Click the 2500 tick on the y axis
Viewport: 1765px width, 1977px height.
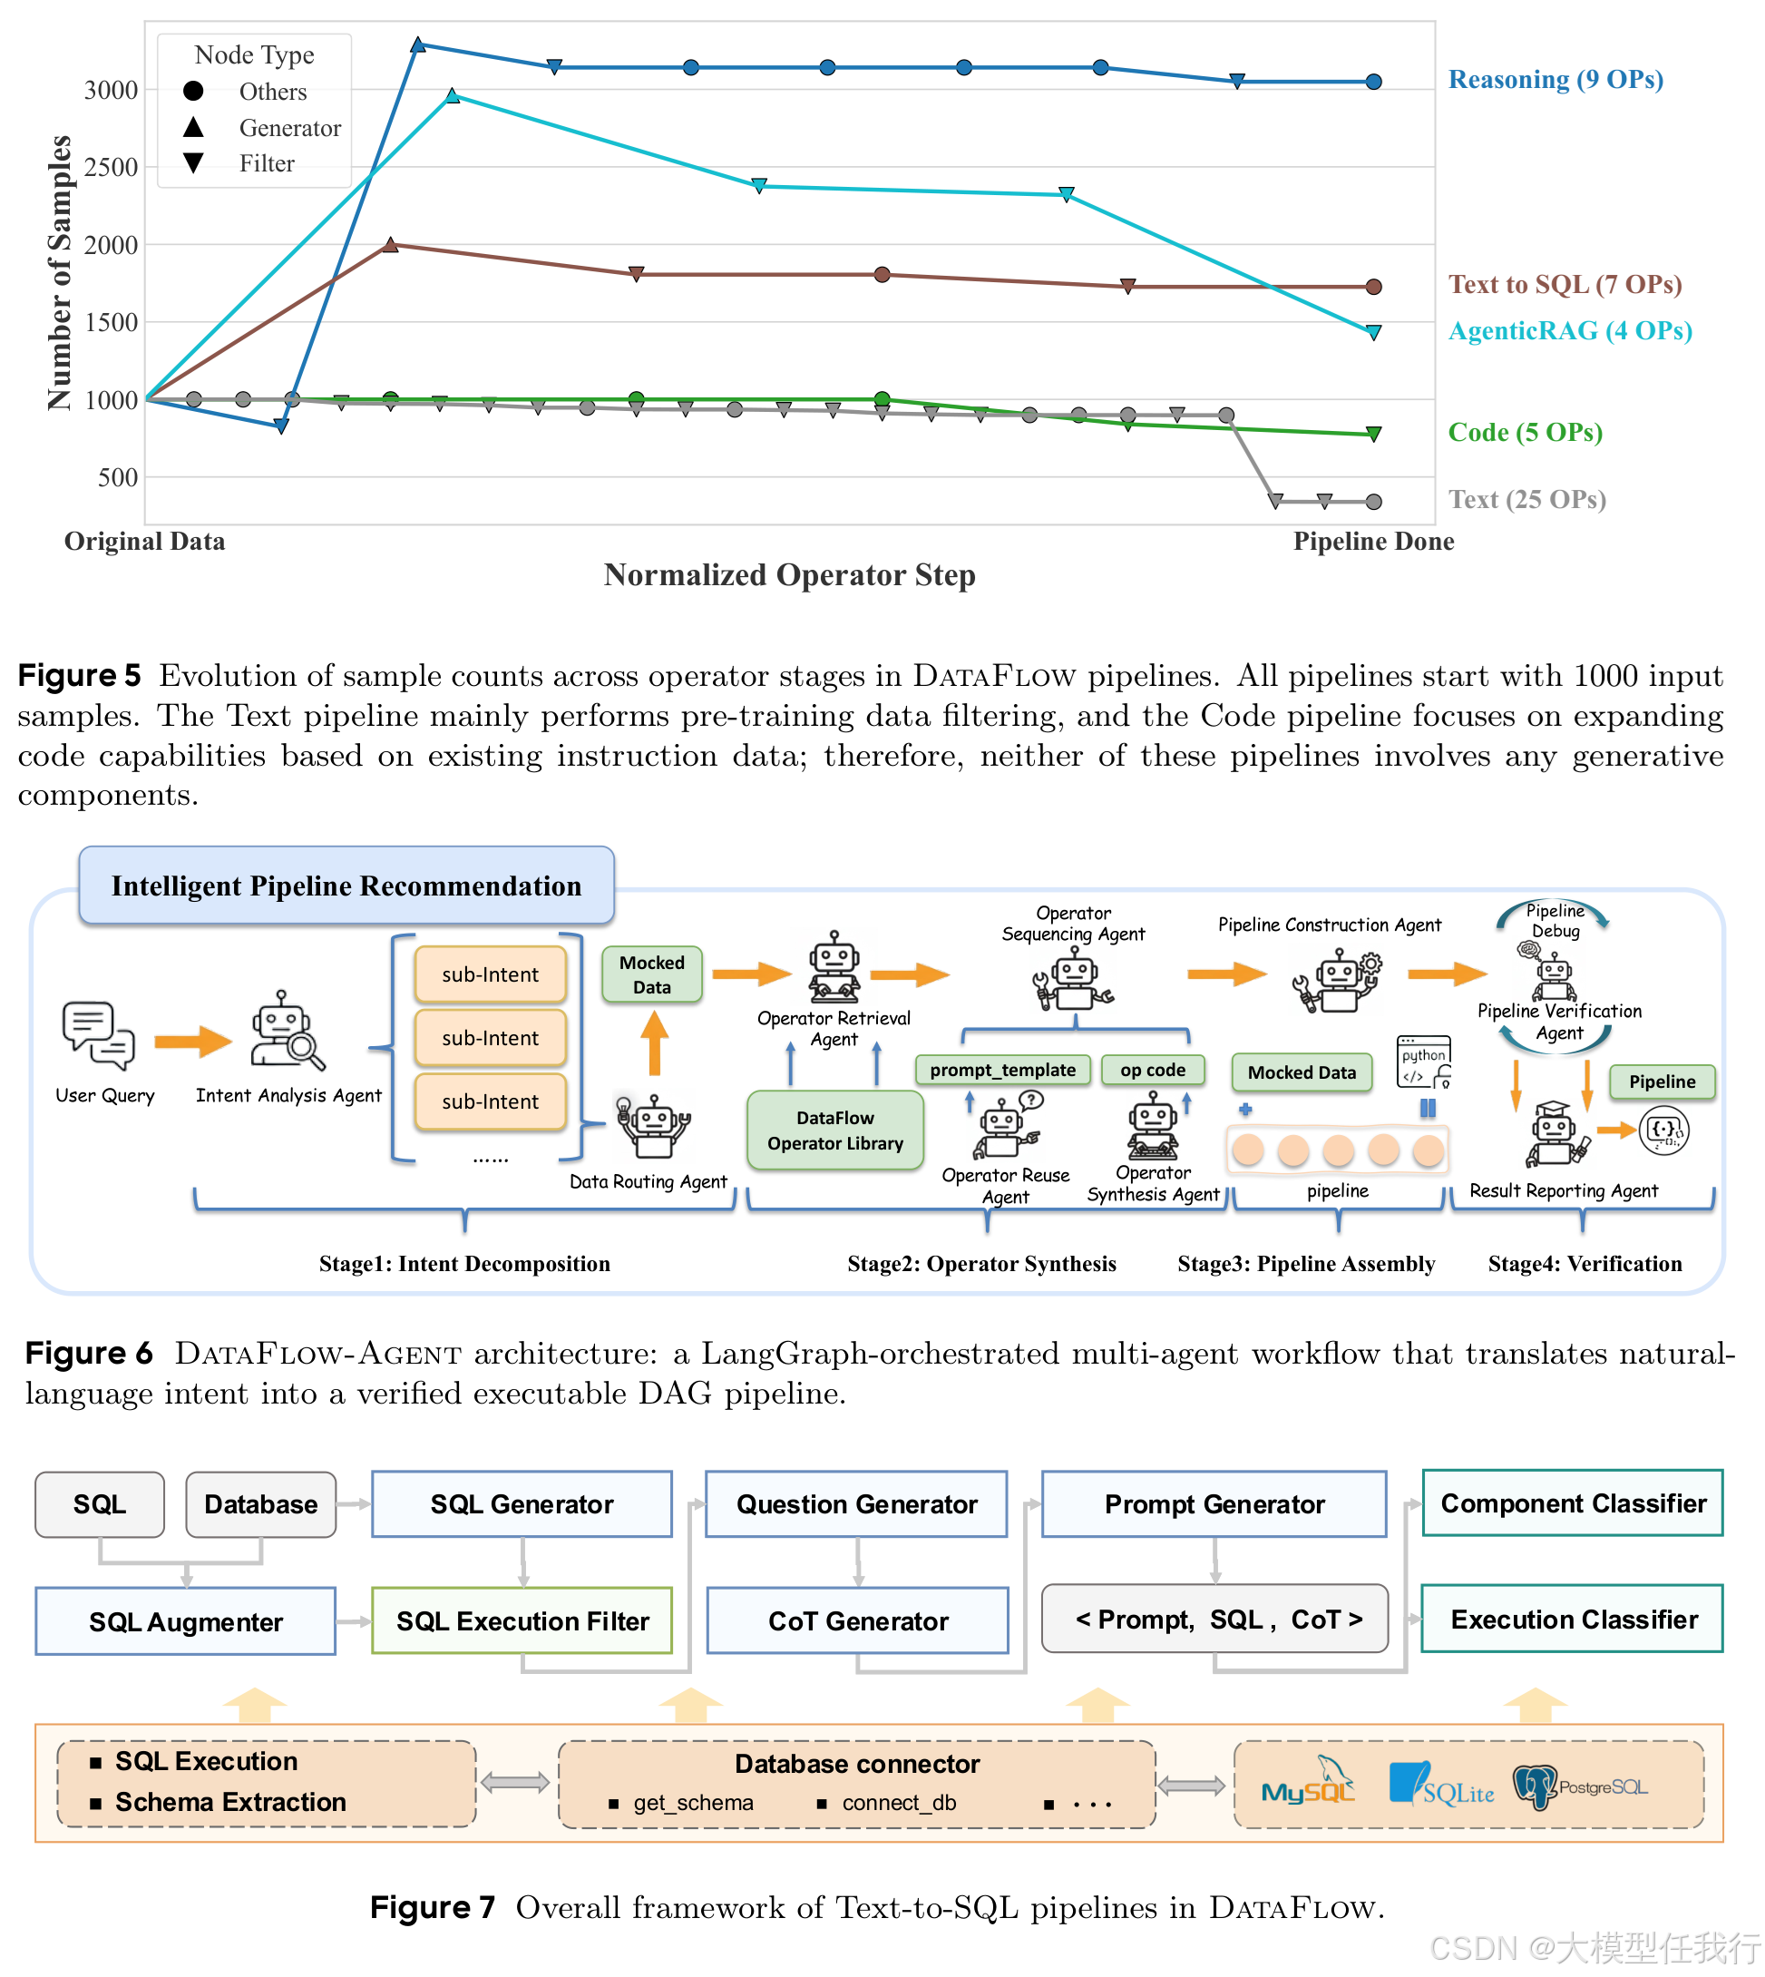[x=111, y=167]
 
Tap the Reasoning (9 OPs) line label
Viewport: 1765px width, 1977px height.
[x=1555, y=80]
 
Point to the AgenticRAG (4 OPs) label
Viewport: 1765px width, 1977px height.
[x=1569, y=331]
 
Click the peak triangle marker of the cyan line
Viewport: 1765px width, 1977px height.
[x=452, y=95]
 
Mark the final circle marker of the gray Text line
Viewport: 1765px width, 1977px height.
[x=1373, y=502]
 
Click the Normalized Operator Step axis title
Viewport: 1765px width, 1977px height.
[x=788, y=575]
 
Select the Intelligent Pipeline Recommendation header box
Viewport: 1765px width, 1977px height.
[x=346, y=886]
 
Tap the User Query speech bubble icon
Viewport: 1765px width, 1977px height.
[x=98, y=1035]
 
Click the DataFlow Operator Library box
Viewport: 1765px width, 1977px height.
[x=834, y=1130]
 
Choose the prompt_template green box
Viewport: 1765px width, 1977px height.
[x=1002, y=1070]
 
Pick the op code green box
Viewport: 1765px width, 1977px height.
[x=1152, y=1070]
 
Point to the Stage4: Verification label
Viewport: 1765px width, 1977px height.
[x=1584, y=1263]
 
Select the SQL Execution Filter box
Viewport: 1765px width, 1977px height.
[x=522, y=1621]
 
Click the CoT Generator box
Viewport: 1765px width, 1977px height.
[x=857, y=1621]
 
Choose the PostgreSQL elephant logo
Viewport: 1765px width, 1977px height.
[x=1535, y=1786]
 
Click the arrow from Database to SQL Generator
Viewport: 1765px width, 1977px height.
[x=354, y=1504]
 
